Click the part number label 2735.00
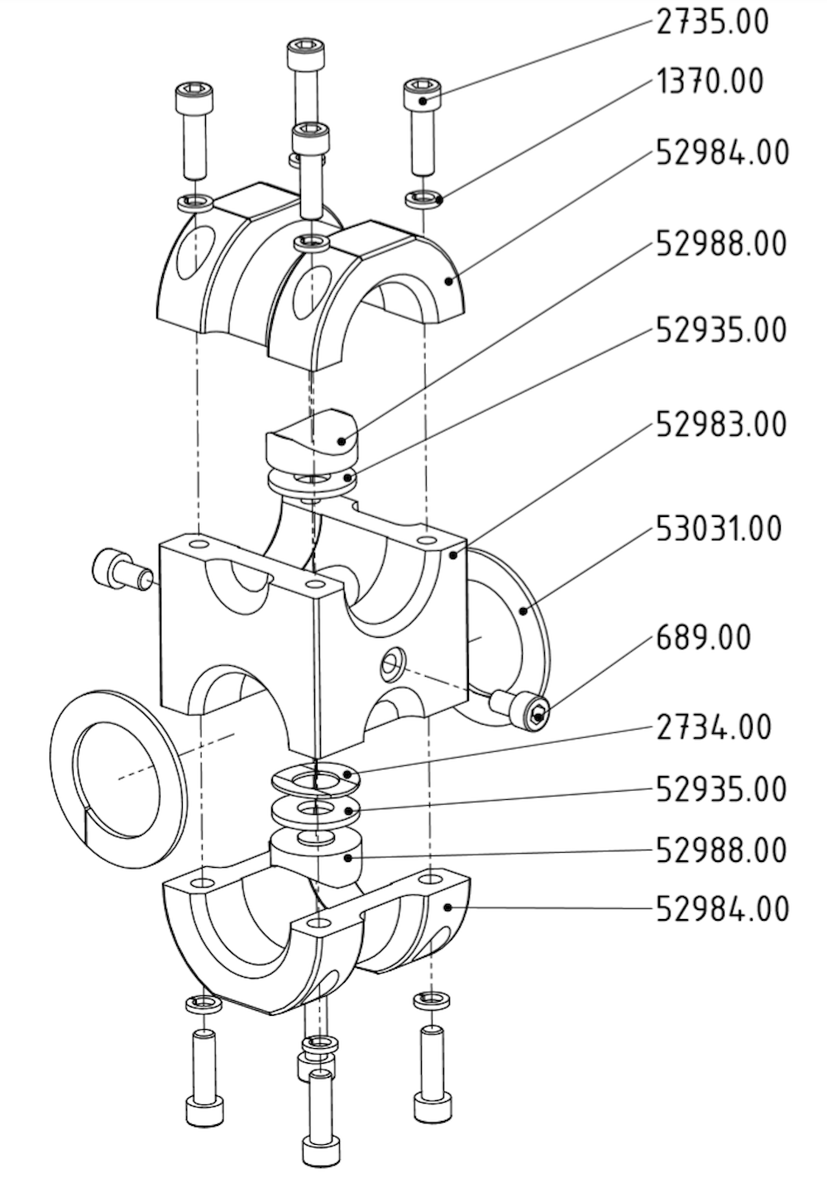click(712, 22)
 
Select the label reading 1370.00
click(710, 82)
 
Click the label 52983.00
click(721, 424)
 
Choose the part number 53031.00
click(719, 528)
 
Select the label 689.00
click(704, 638)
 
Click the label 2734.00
click(714, 728)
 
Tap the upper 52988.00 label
click(721, 244)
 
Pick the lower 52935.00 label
click(721, 789)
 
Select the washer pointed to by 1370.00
click(423, 198)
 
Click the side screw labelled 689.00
click(521, 710)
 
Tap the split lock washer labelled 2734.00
click(318, 778)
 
